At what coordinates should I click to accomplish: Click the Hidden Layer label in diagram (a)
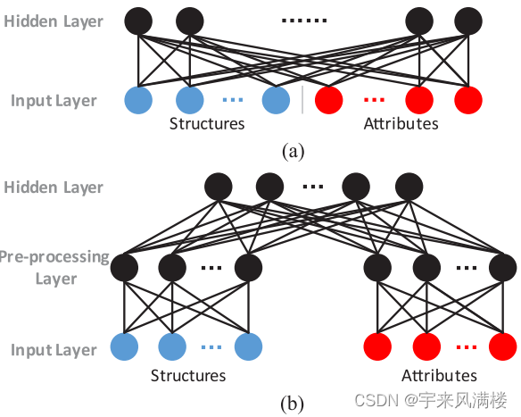pos(53,21)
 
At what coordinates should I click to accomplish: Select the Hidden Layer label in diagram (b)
pos(53,188)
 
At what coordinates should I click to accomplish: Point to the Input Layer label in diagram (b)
pos(54,350)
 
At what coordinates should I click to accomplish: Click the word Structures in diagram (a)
pos(207,123)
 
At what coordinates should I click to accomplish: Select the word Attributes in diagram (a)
pos(401,123)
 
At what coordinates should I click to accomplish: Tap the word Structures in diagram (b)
pos(187,375)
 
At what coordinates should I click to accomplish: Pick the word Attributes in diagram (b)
pos(439,375)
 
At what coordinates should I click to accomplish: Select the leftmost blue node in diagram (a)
pos(138,99)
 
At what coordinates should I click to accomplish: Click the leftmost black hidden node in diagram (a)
pos(138,20)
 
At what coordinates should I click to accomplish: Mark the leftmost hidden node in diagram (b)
pos(219,187)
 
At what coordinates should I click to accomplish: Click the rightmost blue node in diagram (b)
pos(248,345)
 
